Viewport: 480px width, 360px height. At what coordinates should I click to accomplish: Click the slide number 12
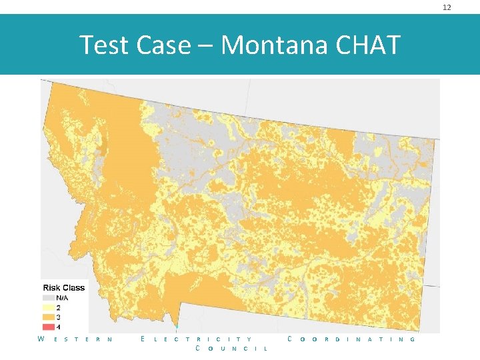tap(447, 7)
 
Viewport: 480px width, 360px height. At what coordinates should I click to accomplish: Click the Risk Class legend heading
tap(64, 287)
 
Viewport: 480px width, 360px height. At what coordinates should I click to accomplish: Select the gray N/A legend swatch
tap(49, 297)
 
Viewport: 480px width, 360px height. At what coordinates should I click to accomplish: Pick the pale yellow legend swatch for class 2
tap(49, 307)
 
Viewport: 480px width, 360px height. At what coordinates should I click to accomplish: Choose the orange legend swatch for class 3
tap(49, 317)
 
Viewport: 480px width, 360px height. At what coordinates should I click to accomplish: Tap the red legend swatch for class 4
tap(49, 327)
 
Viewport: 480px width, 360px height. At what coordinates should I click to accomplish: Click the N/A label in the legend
tap(62, 297)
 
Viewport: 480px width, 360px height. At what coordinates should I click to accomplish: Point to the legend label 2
tap(59, 307)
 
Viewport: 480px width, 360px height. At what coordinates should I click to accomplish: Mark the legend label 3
tap(59, 317)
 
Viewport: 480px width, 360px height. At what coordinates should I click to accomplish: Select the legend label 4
tap(59, 327)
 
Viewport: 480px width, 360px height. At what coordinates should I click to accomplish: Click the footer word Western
tap(74, 339)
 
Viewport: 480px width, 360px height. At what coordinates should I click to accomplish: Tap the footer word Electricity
tap(197, 339)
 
